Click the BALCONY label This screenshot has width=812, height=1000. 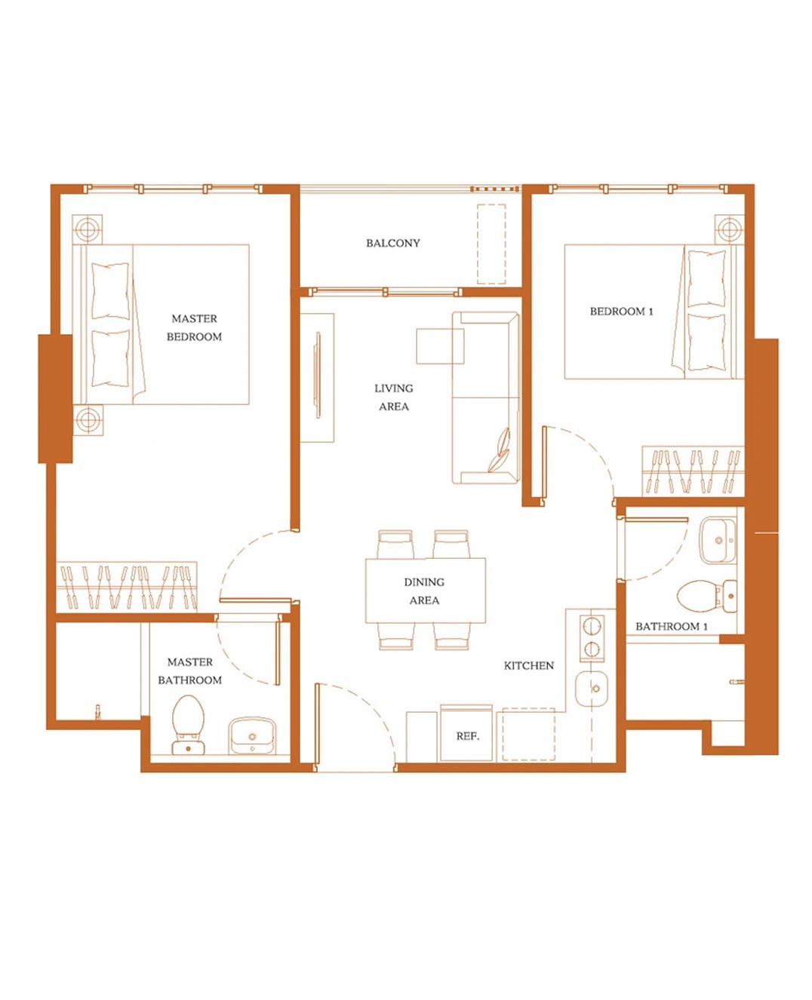pos(392,243)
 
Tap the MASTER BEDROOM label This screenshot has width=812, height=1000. pos(194,328)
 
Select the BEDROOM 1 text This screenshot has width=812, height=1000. pos(621,311)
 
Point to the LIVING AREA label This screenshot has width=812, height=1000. pos(394,397)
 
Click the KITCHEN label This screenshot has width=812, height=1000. pos(529,665)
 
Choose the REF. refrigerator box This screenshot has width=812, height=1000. pos(466,733)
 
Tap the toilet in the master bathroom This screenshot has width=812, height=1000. pos(188,725)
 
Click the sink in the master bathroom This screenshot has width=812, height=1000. pos(252,735)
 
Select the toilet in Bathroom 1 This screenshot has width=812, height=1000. pos(707,597)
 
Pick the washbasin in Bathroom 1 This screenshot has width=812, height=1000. pos(718,541)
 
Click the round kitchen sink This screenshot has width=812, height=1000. pos(592,689)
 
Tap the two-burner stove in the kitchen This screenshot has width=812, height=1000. pos(592,639)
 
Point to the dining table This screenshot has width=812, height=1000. pos(426,590)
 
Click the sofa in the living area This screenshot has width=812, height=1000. pos(486,397)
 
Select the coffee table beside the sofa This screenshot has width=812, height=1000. pos(440,346)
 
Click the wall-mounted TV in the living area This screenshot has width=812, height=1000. pos(318,375)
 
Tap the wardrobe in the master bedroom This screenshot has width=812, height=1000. pos(126,587)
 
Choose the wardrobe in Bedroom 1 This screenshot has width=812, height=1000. pos(693,471)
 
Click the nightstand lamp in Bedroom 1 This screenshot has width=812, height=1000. pos(729,229)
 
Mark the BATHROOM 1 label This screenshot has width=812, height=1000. pos(671,626)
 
